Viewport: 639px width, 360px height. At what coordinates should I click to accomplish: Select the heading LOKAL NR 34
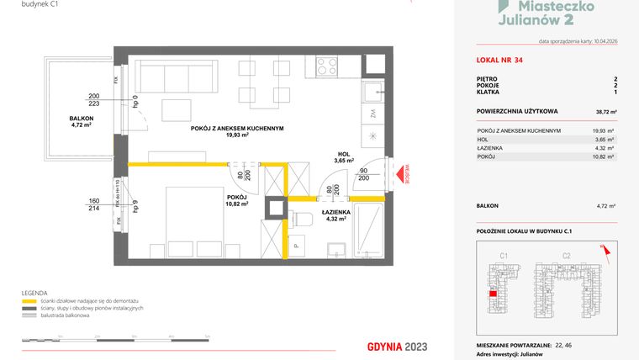498,60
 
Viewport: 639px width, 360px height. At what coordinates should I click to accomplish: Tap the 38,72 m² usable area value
606,111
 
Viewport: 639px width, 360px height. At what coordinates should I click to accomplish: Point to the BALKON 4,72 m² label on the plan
82,123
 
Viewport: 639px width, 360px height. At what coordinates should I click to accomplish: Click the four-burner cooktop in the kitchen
326,66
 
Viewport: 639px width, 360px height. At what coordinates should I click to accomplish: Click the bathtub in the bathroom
368,232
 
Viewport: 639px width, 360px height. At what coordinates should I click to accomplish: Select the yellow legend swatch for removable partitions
30,300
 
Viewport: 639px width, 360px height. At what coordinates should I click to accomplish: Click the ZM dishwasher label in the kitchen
372,113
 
